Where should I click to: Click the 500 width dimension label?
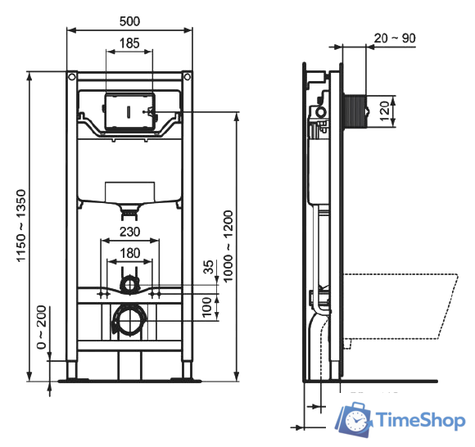(x=129, y=20)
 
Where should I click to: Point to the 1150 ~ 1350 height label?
(x=19, y=226)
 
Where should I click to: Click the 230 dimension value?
(x=129, y=232)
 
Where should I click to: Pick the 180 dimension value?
(x=129, y=252)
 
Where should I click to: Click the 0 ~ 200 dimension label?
(x=41, y=328)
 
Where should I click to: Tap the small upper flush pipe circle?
(x=129, y=285)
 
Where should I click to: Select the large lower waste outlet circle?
(x=128, y=320)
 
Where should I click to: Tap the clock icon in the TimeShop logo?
(x=356, y=419)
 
